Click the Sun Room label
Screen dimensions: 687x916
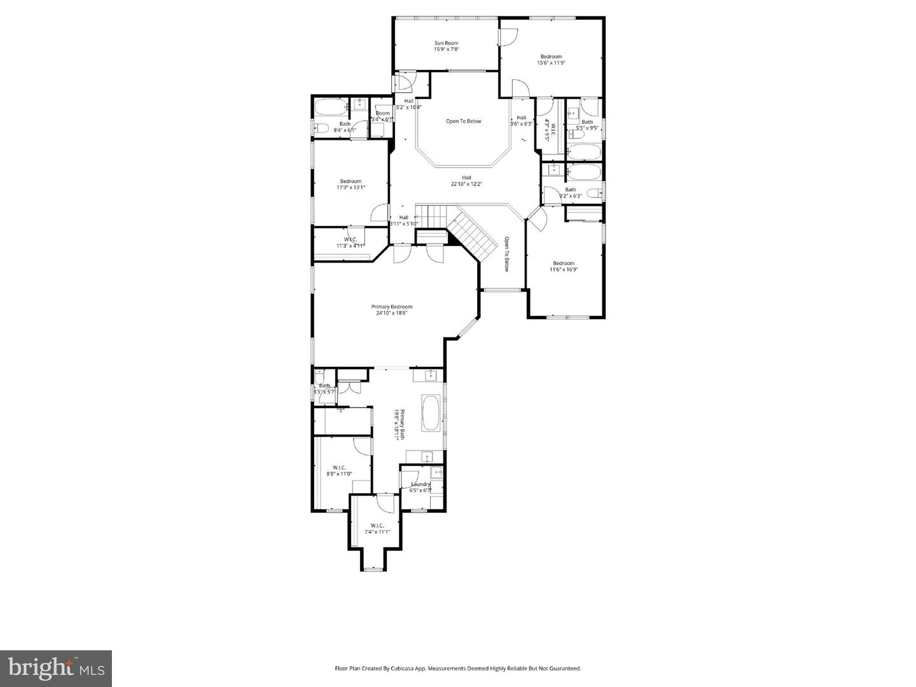point(446,43)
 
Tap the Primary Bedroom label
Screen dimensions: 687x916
point(391,307)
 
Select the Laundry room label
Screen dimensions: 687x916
point(420,484)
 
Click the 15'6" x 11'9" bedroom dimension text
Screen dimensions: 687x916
point(551,63)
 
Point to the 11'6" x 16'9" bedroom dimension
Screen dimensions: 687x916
point(564,269)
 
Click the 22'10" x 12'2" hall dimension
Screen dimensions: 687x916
point(466,184)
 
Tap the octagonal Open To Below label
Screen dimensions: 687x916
point(463,121)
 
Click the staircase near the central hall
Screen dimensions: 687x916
point(472,235)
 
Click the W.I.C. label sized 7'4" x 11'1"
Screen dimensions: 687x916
point(377,526)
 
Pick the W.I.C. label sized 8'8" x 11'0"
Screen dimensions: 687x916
point(338,467)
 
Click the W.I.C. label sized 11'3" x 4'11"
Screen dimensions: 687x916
point(349,240)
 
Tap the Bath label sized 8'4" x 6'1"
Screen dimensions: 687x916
point(345,124)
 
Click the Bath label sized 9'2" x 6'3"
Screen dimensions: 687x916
point(571,189)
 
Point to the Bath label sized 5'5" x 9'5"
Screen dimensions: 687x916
point(587,122)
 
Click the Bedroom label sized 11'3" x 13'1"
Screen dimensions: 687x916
point(350,181)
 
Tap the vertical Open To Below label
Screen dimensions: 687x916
point(507,254)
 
